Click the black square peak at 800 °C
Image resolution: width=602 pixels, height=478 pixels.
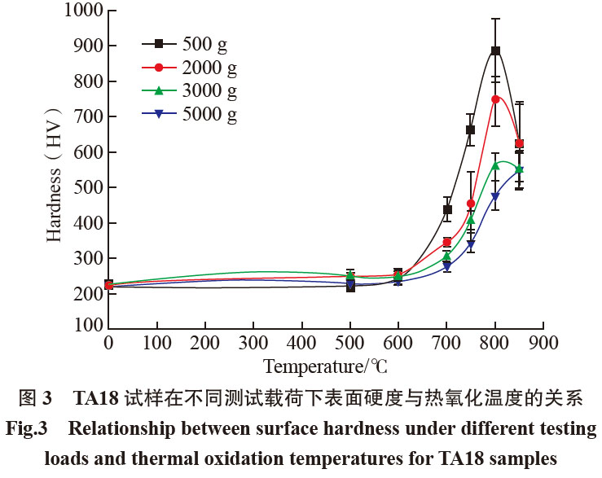[494, 50]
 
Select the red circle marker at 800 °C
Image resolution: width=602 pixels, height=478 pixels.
[494, 99]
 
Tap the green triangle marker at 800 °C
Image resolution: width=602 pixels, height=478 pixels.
[494, 165]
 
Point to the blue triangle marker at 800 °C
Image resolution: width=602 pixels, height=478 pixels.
[494, 196]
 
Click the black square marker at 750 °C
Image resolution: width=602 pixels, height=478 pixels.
[470, 129]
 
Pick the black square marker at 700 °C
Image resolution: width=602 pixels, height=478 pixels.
[446, 209]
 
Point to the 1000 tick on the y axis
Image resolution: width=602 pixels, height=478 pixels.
[76, 11]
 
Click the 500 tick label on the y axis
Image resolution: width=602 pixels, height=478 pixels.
[81, 187]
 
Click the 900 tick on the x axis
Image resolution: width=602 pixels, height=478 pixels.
[543, 343]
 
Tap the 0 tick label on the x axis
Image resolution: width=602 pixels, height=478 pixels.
[108, 343]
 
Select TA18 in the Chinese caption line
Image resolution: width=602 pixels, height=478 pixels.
[99, 400]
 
